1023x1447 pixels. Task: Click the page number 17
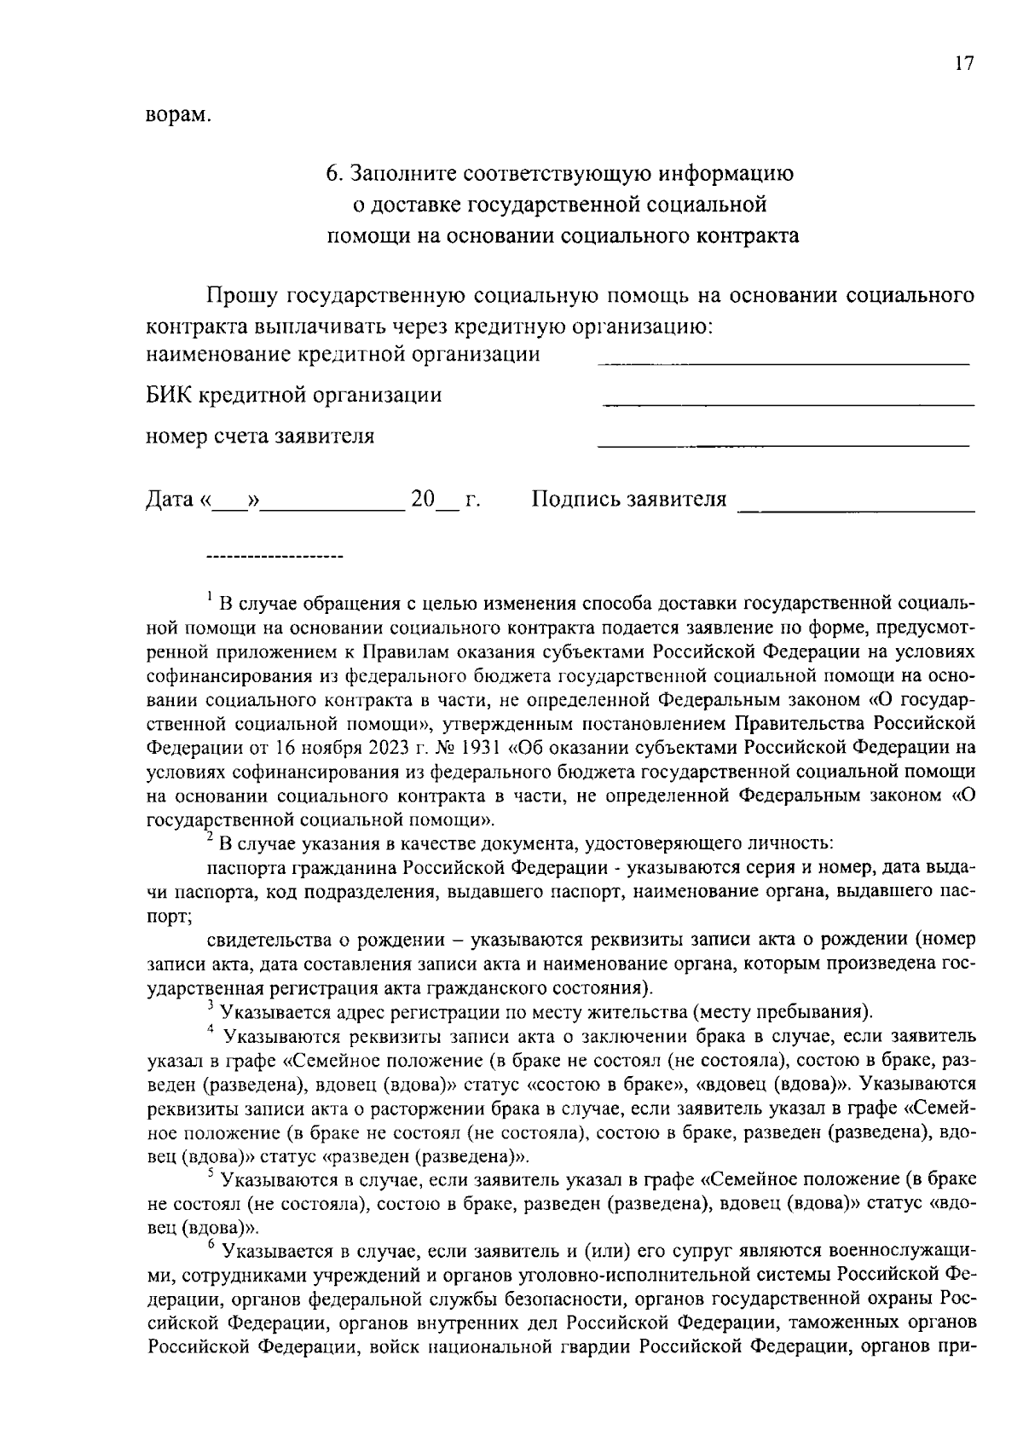coord(963,64)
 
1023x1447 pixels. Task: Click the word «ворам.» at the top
coord(177,114)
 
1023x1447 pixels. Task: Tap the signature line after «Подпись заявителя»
coord(855,510)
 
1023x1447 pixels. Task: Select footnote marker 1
coord(210,596)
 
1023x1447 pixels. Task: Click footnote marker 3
coord(211,1006)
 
